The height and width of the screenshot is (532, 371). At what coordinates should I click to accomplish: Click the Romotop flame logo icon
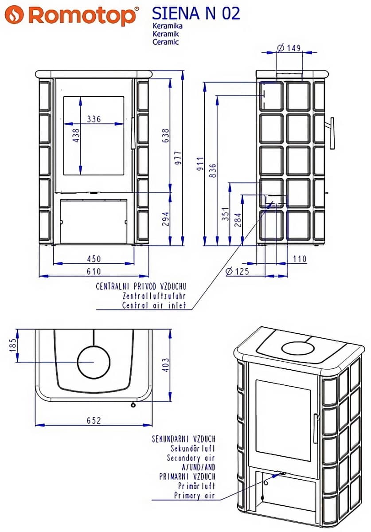pyautogui.click(x=16, y=15)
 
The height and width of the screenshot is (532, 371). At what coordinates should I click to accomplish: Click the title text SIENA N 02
pyautogui.click(x=196, y=13)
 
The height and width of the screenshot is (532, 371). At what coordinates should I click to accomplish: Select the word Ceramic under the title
pyautogui.click(x=165, y=42)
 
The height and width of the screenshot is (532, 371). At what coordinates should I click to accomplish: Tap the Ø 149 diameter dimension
pyautogui.click(x=289, y=47)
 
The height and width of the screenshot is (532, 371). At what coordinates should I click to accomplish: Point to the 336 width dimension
pyautogui.click(x=94, y=119)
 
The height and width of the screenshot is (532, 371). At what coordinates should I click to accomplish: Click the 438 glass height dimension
pyautogui.click(x=76, y=135)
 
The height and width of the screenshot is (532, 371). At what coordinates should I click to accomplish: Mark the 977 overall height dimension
pyautogui.click(x=178, y=158)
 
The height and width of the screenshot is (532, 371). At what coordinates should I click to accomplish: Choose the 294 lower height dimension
pyautogui.click(x=165, y=219)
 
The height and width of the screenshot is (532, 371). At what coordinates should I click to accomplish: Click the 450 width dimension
pyautogui.click(x=94, y=259)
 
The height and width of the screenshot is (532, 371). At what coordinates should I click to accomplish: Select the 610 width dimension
pyautogui.click(x=94, y=271)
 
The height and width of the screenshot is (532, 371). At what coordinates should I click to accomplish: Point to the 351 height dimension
pyautogui.click(x=225, y=215)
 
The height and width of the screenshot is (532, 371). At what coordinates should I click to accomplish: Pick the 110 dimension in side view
pyautogui.click(x=300, y=259)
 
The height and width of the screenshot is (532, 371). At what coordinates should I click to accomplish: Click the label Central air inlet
pyautogui.click(x=154, y=305)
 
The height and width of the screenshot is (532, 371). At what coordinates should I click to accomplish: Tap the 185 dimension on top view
pyautogui.click(x=12, y=344)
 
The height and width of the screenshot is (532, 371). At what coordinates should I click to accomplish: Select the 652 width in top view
pyautogui.click(x=94, y=420)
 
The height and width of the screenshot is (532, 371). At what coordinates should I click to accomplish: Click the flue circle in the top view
pyautogui.click(x=94, y=362)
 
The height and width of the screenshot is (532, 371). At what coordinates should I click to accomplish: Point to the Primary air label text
pyautogui.click(x=194, y=496)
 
